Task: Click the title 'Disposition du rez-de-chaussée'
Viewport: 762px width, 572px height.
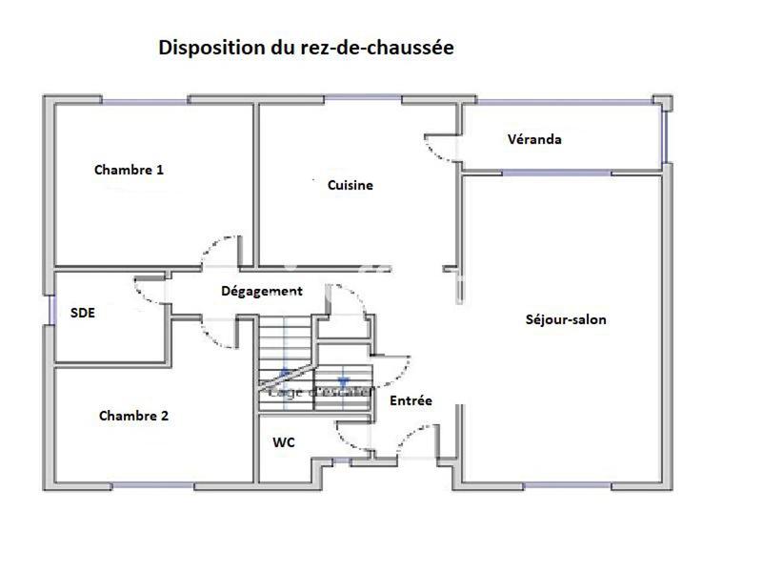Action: [x=305, y=48]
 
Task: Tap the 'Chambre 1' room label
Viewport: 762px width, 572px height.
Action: [x=129, y=171]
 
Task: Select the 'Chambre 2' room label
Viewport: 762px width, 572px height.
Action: [x=133, y=417]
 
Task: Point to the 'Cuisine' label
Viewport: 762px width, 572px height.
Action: [x=350, y=186]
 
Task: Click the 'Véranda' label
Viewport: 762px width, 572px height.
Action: [x=533, y=140]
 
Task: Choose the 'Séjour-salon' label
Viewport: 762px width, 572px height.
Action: [x=565, y=320]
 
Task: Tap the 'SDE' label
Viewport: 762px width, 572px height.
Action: [x=83, y=313]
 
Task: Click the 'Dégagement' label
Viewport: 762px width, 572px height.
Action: [x=261, y=292]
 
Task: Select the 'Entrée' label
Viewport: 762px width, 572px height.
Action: [x=411, y=401]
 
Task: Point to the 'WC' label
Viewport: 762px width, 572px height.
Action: [x=283, y=443]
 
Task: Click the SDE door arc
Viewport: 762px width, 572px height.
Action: [x=147, y=292]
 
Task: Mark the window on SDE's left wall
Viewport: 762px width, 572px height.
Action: [x=49, y=312]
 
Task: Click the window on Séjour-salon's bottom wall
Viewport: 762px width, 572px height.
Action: [x=566, y=486]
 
